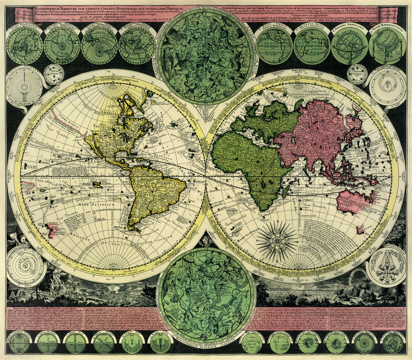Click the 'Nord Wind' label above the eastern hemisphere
pyautogui.click(x=296, y=71)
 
